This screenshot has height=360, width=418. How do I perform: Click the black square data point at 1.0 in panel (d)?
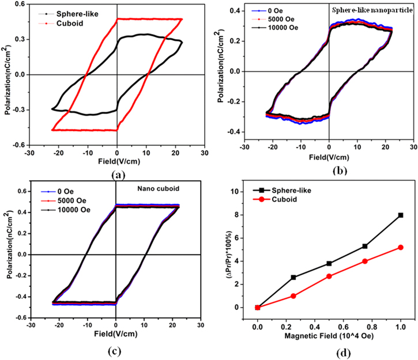(x=400, y=215)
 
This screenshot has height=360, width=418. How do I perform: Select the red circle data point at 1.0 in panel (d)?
(x=400, y=247)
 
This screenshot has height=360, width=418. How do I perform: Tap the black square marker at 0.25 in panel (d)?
(x=293, y=277)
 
